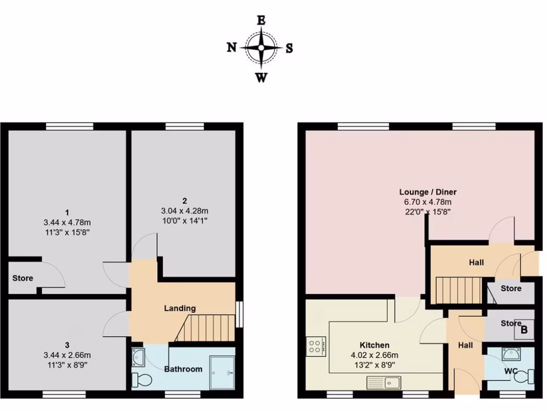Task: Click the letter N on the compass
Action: tap(232, 48)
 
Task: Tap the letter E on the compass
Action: tap(261, 21)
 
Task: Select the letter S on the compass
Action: tap(289, 48)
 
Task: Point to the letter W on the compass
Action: tap(261, 78)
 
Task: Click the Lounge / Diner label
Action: tap(428, 192)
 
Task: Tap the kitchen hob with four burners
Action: tap(314, 346)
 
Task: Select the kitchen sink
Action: tap(384, 382)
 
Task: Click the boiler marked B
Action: tap(523, 331)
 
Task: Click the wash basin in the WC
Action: tap(511, 353)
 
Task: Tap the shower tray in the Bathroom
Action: tap(222, 371)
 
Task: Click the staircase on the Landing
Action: tap(206, 328)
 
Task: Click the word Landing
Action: tap(179, 308)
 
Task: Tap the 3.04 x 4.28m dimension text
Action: tap(184, 210)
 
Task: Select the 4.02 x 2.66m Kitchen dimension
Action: tap(374, 355)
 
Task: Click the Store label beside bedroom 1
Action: tap(23, 278)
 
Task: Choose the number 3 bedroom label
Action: tap(67, 345)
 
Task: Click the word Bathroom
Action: tap(183, 369)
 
